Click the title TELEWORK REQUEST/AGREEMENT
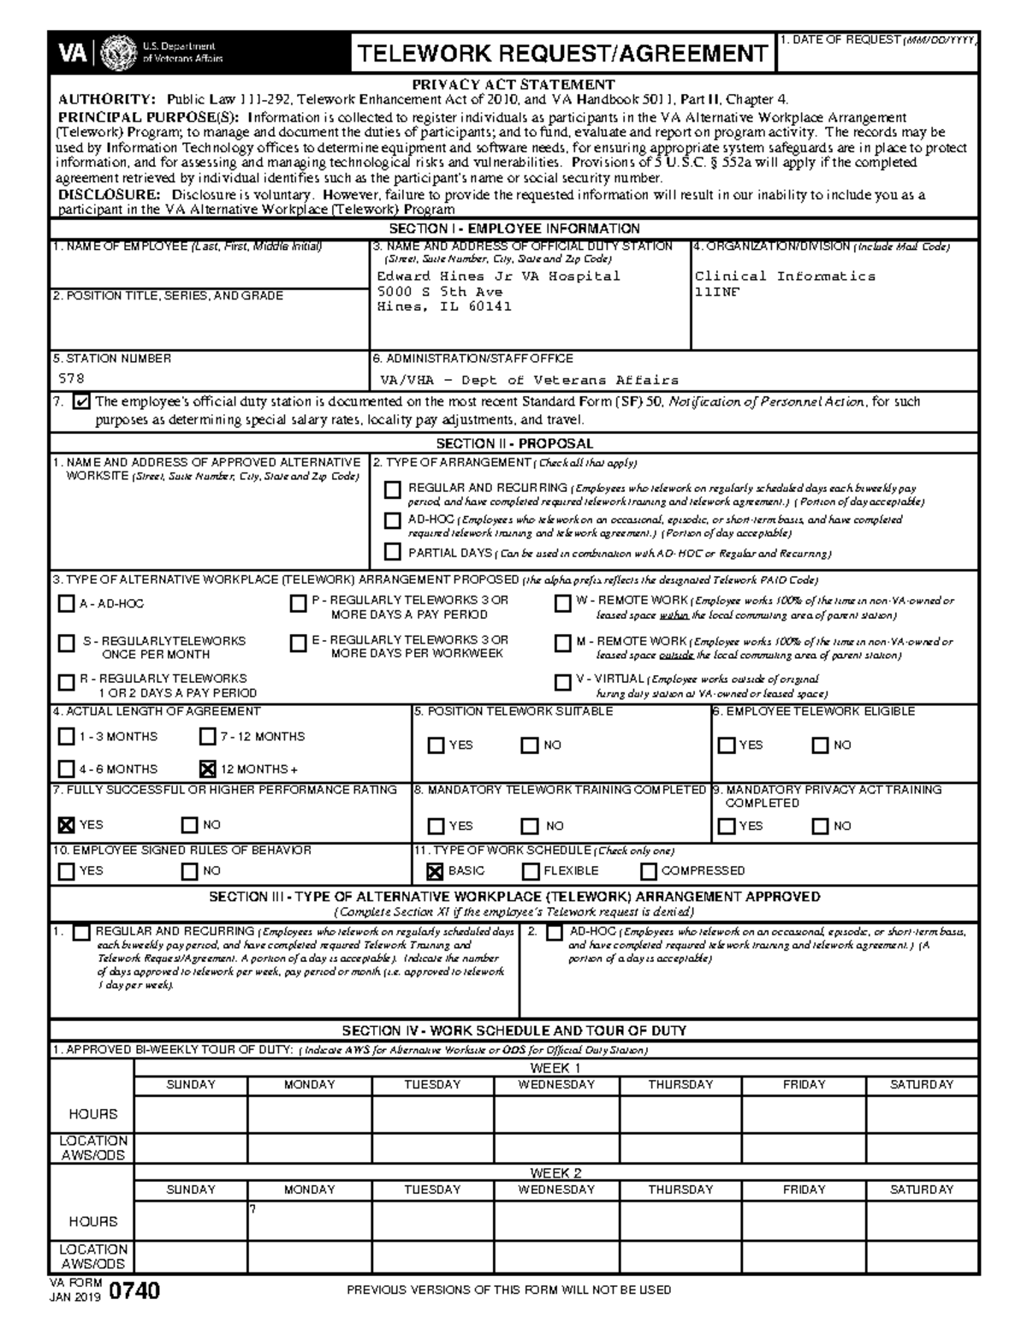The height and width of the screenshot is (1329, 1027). click(561, 54)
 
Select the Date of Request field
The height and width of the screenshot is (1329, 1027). click(877, 56)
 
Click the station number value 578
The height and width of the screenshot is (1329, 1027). click(71, 378)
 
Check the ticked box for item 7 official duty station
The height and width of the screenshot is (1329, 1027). click(82, 401)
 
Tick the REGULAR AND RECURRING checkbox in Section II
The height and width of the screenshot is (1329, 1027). click(392, 490)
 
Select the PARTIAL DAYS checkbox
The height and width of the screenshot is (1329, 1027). click(392, 552)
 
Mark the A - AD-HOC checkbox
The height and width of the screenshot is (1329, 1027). click(66, 604)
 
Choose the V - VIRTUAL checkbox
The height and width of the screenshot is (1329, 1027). click(562, 682)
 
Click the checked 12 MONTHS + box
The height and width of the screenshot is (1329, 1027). click(207, 768)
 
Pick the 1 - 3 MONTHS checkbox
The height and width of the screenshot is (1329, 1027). click(66, 737)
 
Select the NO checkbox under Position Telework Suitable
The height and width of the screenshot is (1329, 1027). click(530, 745)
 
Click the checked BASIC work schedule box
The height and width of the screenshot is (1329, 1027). click(435, 871)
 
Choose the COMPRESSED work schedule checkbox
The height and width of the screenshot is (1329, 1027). click(649, 871)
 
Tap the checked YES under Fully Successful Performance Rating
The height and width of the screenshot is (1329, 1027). click(66, 825)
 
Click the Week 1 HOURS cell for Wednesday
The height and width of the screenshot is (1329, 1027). click(556, 1114)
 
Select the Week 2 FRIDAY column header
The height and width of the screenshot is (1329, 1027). click(804, 1190)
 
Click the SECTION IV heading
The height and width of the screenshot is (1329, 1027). click(513, 1031)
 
